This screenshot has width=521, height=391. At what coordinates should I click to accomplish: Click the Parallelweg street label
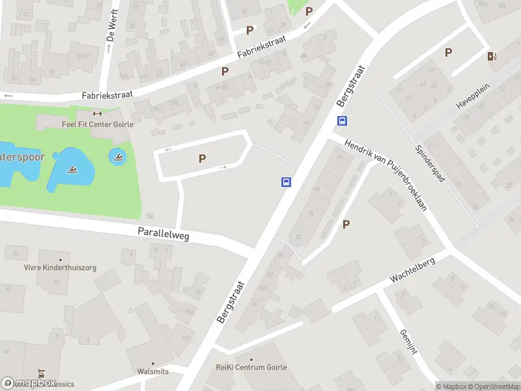click(x=163, y=233)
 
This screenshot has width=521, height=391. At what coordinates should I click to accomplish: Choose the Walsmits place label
click(x=154, y=371)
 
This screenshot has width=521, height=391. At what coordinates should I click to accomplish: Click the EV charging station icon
click(x=491, y=56)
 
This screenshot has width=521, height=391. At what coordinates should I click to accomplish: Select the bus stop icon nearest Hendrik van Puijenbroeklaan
click(x=342, y=121)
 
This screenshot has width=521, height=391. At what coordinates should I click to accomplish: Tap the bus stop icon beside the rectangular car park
click(x=286, y=182)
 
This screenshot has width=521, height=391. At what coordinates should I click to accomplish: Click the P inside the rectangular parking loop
click(x=202, y=158)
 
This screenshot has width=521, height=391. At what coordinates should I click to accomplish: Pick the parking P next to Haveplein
click(x=448, y=52)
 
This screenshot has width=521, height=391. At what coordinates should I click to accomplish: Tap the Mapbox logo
click(x=27, y=383)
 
